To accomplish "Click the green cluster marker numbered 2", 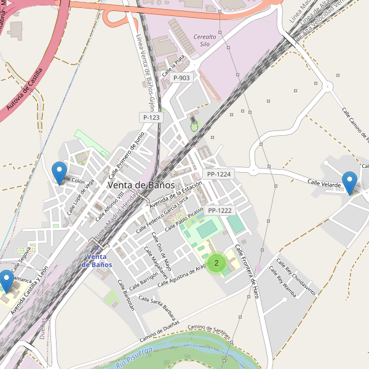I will click(216, 263).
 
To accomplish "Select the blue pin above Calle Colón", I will click(60, 172).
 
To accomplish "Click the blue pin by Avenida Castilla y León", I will click(6, 280).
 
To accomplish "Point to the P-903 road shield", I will click(181, 78).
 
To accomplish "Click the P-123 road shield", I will click(151, 117).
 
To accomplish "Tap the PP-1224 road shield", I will click(219, 174).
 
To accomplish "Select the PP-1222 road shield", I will click(220, 210).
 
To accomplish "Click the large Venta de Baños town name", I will click(141, 184).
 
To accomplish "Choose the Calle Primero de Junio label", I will click(126, 151).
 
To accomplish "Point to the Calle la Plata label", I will click(173, 66).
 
